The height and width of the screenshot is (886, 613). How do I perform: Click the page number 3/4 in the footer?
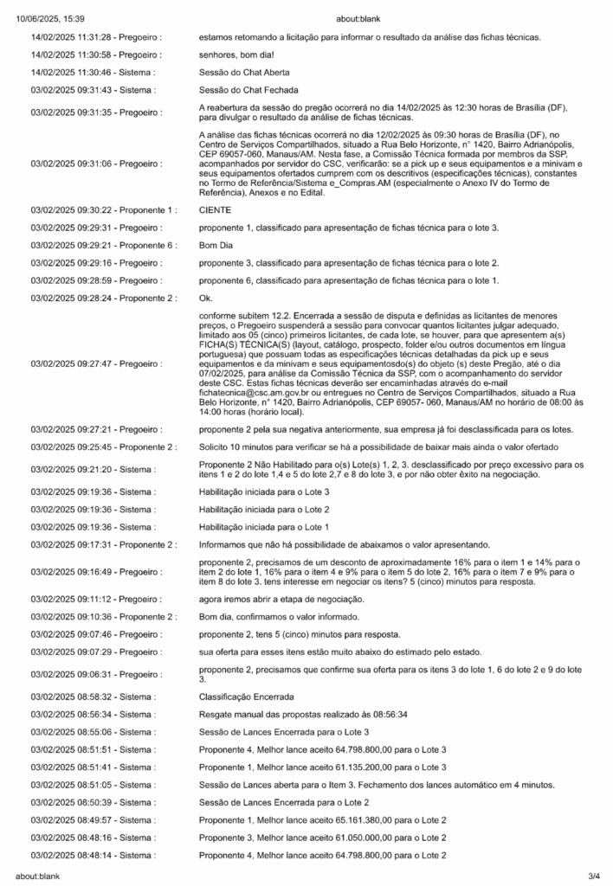594,876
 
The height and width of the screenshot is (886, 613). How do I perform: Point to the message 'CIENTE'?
216,209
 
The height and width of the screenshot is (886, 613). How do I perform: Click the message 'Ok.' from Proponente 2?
205,299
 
